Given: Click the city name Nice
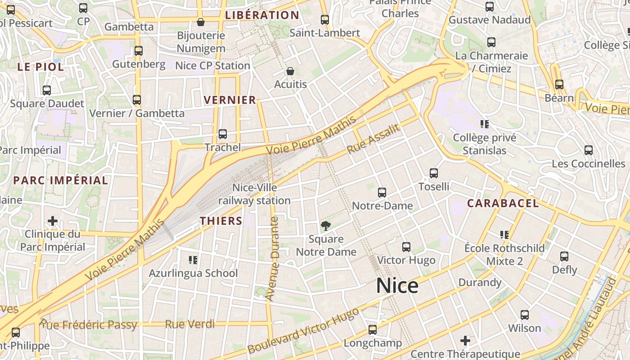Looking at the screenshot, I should pos(397,286).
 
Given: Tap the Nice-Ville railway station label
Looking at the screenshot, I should pos(255,194).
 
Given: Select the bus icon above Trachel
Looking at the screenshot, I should pos(222,134).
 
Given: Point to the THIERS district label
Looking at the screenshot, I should pos(221,221).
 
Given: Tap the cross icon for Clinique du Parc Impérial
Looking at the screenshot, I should pos(53,221).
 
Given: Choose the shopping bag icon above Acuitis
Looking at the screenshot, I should pos(290,72).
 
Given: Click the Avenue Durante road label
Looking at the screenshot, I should pos(273,258).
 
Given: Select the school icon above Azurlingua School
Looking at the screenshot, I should pos(193,260).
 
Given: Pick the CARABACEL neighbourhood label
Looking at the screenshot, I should pos(503,203).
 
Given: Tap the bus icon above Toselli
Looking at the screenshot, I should pos(434,173).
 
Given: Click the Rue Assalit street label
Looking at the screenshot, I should pos(374,139).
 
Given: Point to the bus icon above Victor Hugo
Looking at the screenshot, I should pos(406,247).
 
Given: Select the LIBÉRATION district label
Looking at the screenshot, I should pos(262,15).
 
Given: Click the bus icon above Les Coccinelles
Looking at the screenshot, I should pos(588,150).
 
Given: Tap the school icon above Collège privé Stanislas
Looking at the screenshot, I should pos(485,124).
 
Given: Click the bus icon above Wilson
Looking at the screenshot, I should pos(525,315).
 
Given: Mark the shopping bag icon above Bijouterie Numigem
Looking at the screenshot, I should pos(201,22).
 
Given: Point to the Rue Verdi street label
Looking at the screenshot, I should pos(190,324).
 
